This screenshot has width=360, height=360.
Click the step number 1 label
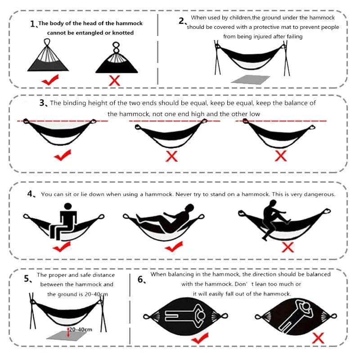pos(33,24)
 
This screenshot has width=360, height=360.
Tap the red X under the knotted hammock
pos(115,81)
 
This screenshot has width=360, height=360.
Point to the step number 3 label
pos(43,103)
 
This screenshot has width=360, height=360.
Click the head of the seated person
pos(68,207)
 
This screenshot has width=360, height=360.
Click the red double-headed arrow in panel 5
pos(68,332)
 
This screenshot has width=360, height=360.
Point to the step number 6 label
pos(141,280)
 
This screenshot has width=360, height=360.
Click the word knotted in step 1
pos(123,33)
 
